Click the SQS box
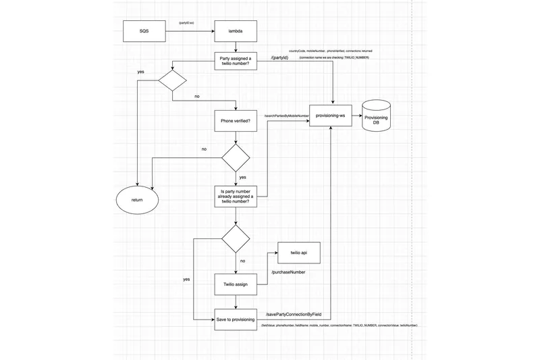pos(144,31)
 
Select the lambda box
pos(236,31)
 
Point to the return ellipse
pos(137,201)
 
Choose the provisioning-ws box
pos(331,116)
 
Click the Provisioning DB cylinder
pos(376,115)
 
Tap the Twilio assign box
pos(236,284)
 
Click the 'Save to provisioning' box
pos(236,319)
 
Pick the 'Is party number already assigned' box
pos(236,197)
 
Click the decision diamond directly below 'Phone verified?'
pos(236,157)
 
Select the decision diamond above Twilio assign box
pos(236,238)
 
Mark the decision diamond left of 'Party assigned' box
pos(172,81)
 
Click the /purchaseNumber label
pos(288,272)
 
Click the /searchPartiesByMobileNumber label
pos(286,116)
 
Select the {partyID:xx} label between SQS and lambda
pos(187,23)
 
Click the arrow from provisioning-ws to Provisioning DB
pos(358,116)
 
